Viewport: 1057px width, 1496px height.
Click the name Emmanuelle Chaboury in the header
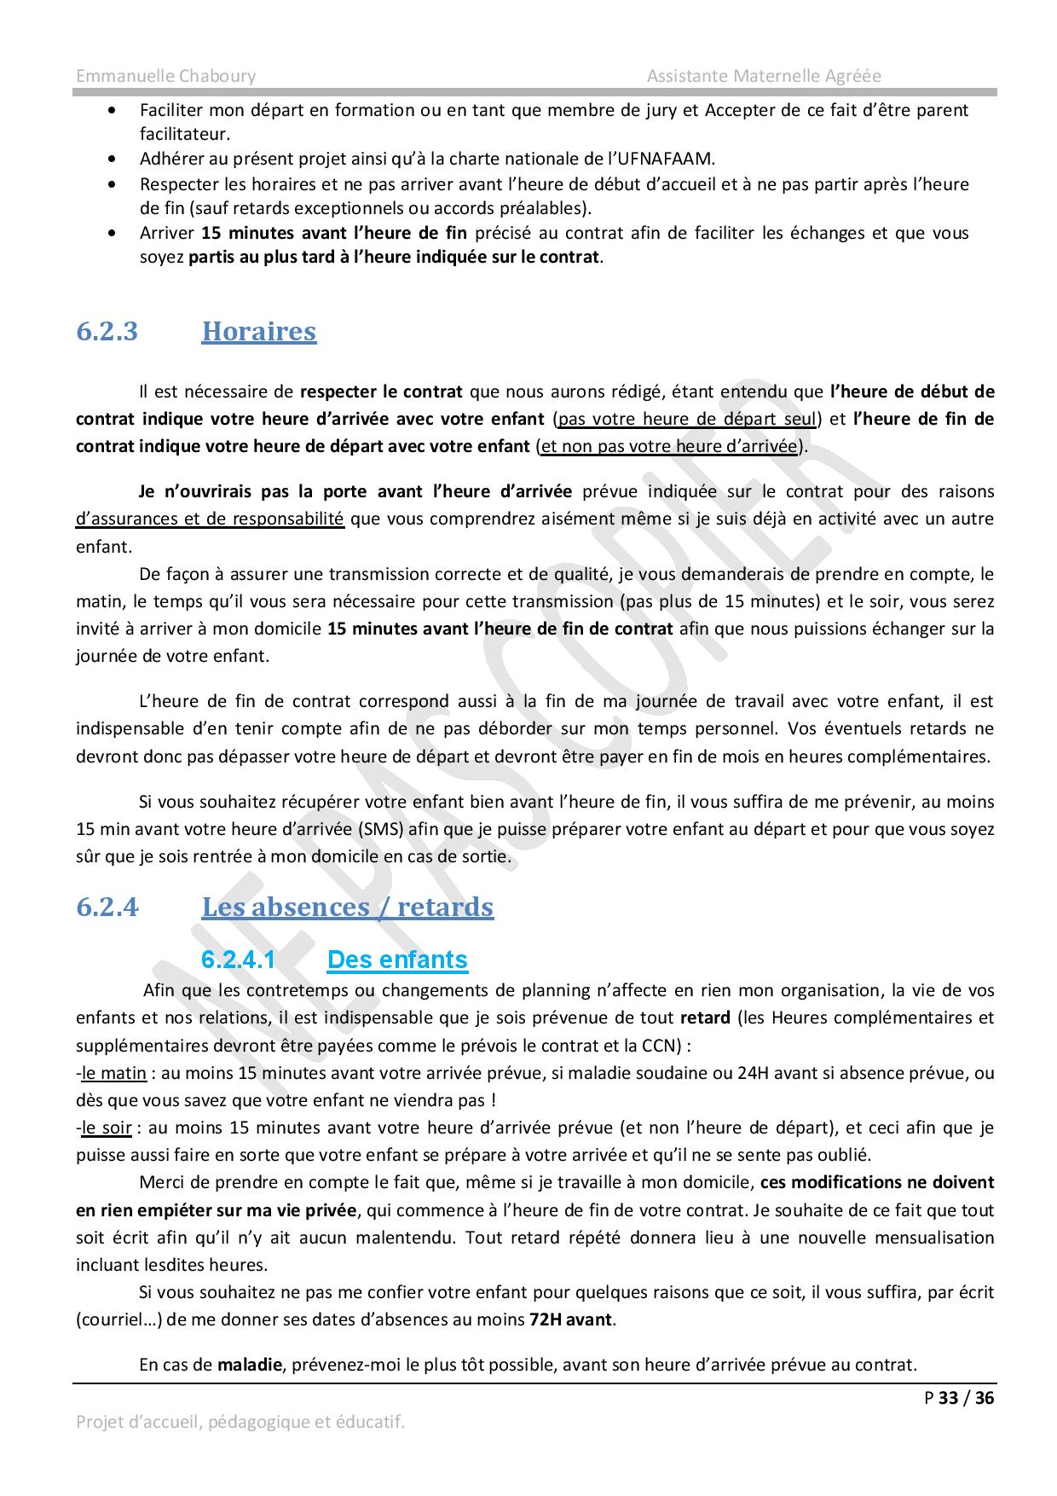(165, 76)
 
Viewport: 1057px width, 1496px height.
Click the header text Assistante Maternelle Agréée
(763, 76)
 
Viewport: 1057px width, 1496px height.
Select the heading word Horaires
(258, 331)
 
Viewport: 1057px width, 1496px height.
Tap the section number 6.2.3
(107, 331)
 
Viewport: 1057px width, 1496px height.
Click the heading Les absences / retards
(347, 907)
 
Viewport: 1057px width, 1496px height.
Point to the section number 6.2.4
(107, 907)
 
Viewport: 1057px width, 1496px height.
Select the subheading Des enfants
(397, 960)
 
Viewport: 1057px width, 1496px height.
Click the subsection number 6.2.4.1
(239, 960)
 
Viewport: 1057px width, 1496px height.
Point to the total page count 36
(985, 1397)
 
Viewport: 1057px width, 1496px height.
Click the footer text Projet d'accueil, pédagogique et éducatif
(240, 1422)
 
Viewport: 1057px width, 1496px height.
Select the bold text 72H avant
(570, 1319)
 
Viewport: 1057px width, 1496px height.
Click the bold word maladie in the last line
(249, 1365)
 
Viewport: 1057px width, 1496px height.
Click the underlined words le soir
(107, 1128)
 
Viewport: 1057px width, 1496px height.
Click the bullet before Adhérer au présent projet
(113, 159)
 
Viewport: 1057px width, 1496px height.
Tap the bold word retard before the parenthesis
(705, 1018)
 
